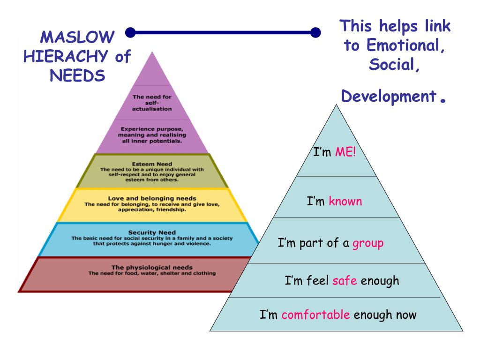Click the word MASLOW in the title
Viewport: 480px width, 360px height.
77,37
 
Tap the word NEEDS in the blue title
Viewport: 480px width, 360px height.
77,76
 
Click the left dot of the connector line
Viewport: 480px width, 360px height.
131,32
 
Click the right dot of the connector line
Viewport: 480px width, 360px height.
315,32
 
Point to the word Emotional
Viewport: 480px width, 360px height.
406,45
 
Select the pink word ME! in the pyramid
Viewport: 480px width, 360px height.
345,152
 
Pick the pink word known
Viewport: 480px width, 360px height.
345,202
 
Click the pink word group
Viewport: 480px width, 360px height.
368,243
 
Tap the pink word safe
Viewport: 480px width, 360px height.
345,281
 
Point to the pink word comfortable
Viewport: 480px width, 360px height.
315,314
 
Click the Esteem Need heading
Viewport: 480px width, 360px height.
152,164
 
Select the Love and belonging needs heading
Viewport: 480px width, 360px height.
152,198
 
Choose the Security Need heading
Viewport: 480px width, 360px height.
152,232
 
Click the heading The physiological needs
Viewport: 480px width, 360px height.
152,267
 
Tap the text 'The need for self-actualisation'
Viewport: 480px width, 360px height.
152,103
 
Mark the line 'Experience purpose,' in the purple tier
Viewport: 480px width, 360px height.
152,128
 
